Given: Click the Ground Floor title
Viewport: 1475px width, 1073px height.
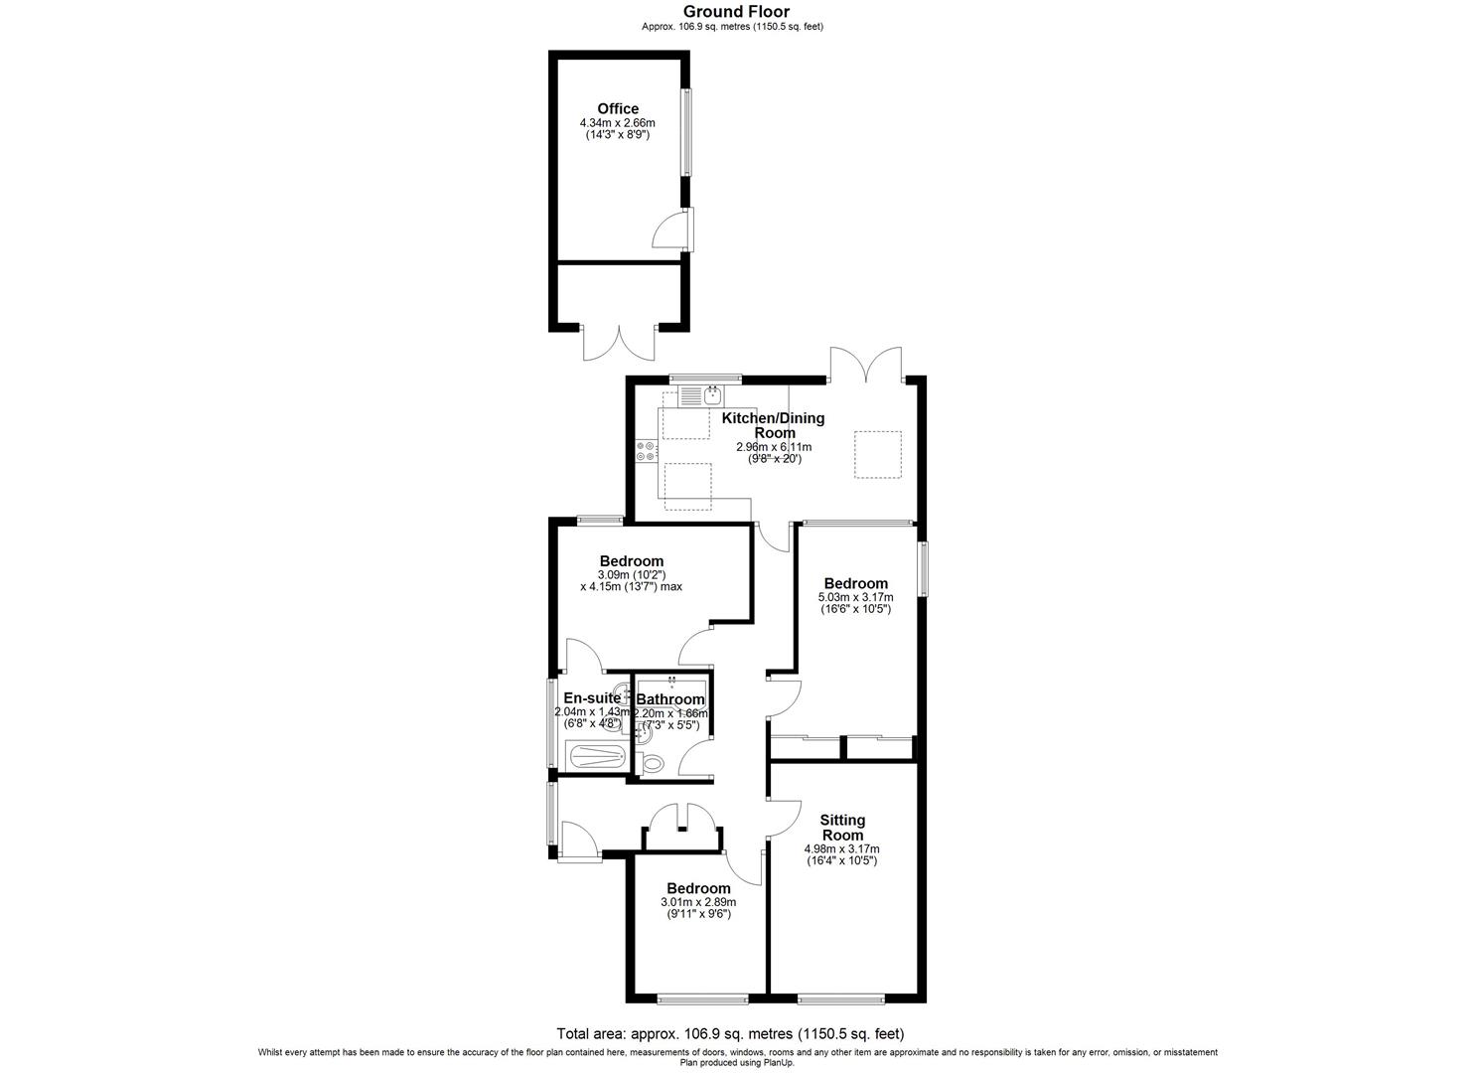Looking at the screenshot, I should point(736,12).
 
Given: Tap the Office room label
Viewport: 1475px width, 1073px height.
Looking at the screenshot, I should point(617,109).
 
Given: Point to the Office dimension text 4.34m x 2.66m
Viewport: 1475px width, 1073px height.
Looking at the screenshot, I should point(617,122).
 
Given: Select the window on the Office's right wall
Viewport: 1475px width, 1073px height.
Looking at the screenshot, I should point(685,133).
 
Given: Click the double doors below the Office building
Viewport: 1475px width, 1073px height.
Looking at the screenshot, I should point(619,342).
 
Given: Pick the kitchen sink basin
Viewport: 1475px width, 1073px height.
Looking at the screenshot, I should point(712,396).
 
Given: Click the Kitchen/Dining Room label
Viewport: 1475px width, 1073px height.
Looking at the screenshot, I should point(773,425).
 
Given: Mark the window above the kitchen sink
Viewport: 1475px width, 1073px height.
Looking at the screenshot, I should point(705,379).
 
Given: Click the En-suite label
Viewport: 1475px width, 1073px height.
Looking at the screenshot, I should point(591,697).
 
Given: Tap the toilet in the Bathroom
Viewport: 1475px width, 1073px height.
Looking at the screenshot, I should point(653,763).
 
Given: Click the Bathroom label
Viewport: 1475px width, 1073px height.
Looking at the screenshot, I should point(670,699).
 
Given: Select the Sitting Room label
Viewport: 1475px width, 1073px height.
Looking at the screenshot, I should point(841,828).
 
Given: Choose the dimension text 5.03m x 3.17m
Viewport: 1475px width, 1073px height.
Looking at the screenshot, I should point(854,597).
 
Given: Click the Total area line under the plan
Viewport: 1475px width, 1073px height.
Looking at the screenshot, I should point(730,1033).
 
